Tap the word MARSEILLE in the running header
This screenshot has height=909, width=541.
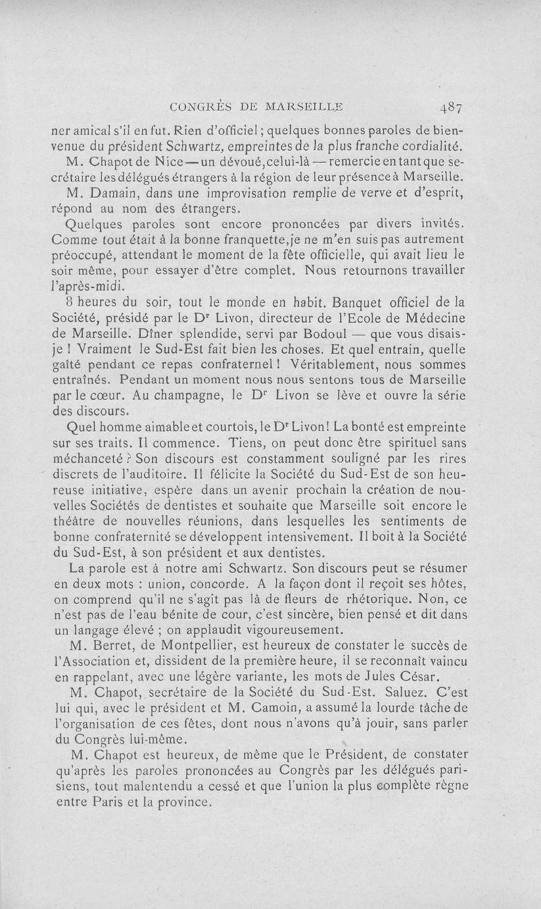(303, 106)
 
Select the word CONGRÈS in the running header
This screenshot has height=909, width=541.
(197, 106)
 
